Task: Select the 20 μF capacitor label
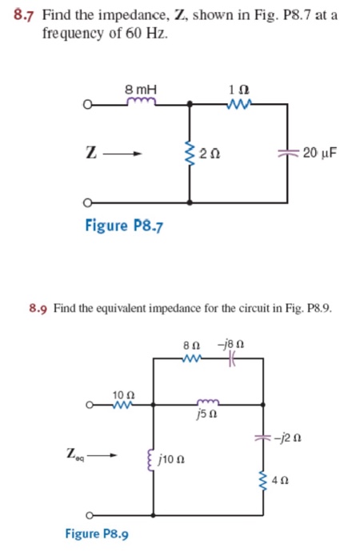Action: point(321,151)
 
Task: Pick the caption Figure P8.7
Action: point(124,225)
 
